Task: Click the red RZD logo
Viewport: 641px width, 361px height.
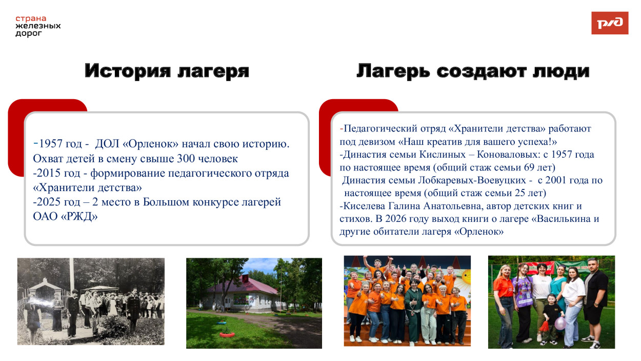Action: [610, 23]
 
